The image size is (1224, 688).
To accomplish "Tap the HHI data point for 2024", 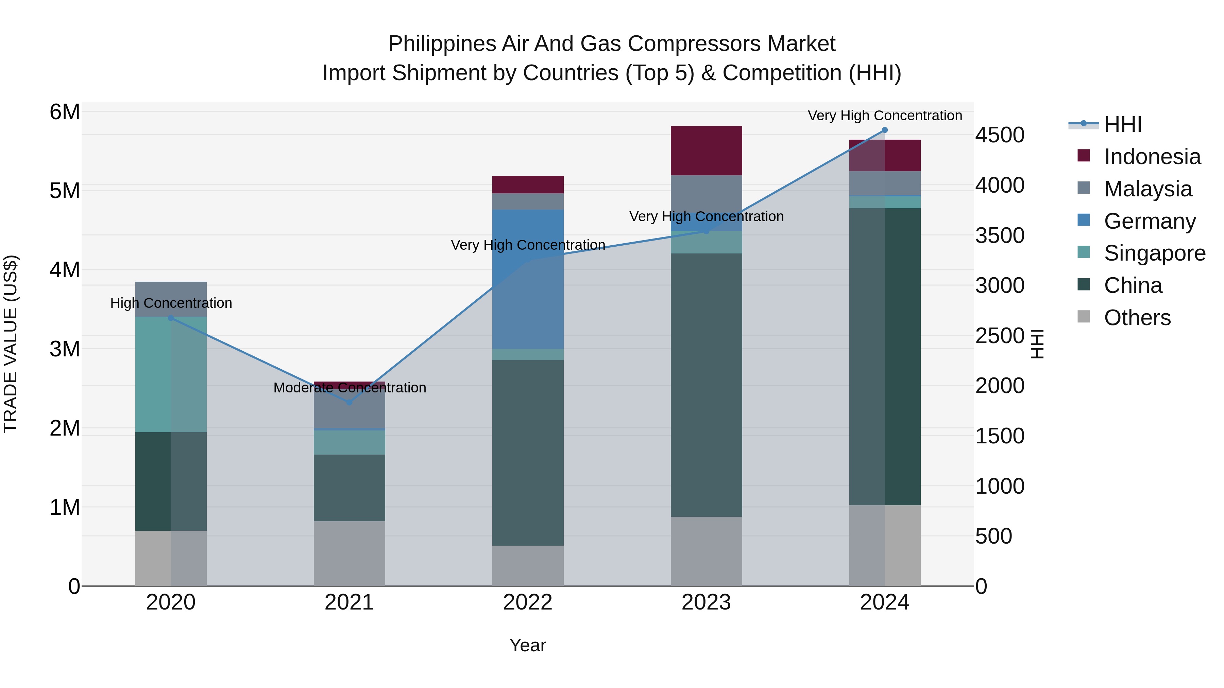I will (x=884, y=130).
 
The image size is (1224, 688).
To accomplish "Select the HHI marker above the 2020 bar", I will (x=171, y=318).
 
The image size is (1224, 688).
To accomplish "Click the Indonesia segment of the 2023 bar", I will (x=706, y=151).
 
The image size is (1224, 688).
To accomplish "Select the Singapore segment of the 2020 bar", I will (x=171, y=375).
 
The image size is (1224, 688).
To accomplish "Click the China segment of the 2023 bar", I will (x=706, y=385).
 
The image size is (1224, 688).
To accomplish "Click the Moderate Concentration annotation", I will (x=350, y=388).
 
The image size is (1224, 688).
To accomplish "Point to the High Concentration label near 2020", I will (x=171, y=303).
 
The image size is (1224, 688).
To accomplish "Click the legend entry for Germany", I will (x=1150, y=221).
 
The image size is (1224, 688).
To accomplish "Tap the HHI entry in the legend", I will (x=1122, y=124).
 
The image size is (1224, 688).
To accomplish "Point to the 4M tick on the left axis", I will (x=65, y=270).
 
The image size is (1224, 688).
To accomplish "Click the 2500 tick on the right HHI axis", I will (x=1000, y=336).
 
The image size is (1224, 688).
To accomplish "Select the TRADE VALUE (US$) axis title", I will (x=11, y=344).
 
